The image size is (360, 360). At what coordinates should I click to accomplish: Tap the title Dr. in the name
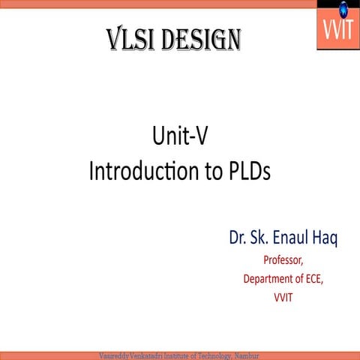[x=238, y=239]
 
